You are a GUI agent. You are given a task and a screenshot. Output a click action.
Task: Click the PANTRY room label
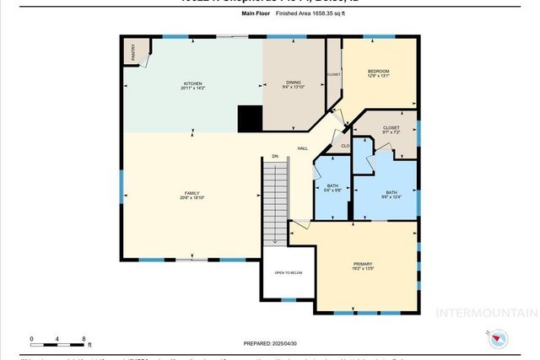[x=134, y=51]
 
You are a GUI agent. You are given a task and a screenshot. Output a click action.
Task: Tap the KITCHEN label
[x=193, y=83]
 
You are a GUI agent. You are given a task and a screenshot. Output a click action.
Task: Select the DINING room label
[x=293, y=83]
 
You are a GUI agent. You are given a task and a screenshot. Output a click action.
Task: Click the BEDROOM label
[x=377, y=71]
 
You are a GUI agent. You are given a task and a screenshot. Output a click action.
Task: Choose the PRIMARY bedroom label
[x=363, y=264]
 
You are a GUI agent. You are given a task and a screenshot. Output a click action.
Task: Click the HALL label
[x=302, y=149]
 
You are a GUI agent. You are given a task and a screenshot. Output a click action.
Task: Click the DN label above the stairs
[x=274, y=156]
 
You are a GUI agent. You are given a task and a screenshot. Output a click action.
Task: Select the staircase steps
[x=275, y=201]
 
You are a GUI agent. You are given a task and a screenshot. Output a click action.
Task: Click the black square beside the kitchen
[x=249, y=119]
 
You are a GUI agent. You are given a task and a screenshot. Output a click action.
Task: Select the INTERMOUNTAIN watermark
[x=486, y=313]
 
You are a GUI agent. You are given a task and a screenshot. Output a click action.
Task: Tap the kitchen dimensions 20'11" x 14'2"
[x=193, y=88]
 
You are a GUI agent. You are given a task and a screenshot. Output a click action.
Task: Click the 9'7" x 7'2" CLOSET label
[x=383, y=131]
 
